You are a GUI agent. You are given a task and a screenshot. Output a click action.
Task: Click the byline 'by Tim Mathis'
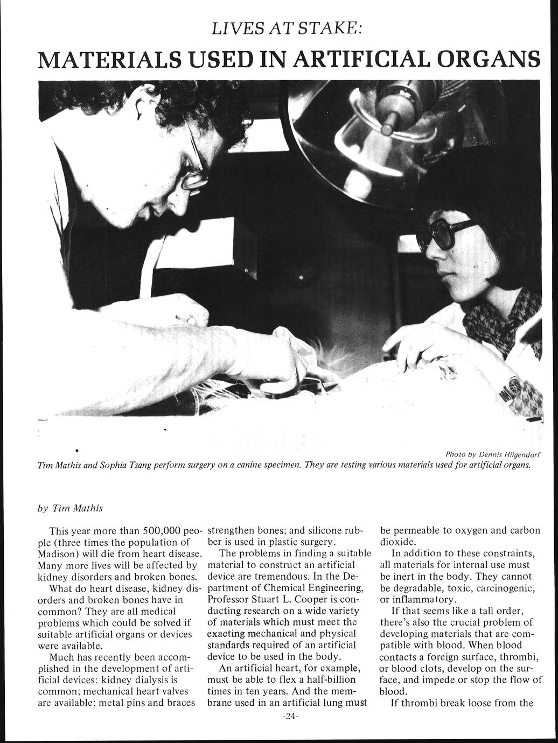click(x=70, y=507)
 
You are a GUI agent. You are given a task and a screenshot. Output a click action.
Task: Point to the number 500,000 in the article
click(x=156, y=530)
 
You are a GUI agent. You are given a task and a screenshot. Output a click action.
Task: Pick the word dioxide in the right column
click(x=397, y=542)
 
